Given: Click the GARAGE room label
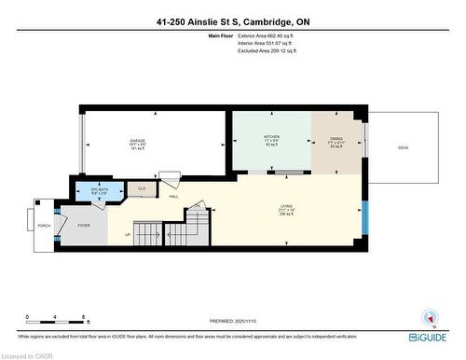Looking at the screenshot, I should tap(138, 141).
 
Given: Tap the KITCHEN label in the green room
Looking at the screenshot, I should tap(271, 136).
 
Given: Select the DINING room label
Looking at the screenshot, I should tap(337, 136).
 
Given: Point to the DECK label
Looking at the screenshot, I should tap(403, 146).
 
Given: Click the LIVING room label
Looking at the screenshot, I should tap(286, 206).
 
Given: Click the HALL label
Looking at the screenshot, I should tap(173, 196).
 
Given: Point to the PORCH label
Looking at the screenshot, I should tap(44, 226).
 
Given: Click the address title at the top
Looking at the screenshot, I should tap(232, 20).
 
